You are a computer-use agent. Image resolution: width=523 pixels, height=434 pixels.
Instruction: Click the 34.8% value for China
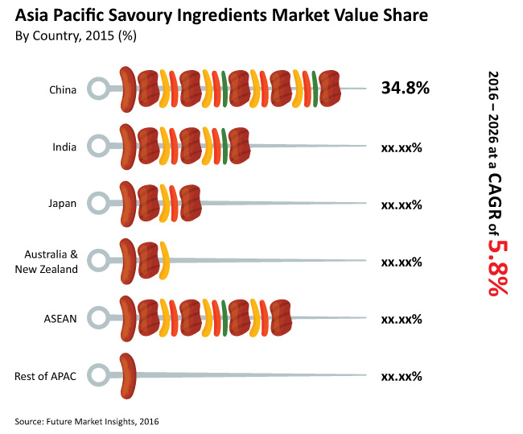(405, 88)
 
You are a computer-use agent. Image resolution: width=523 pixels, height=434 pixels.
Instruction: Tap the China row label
(62, 89)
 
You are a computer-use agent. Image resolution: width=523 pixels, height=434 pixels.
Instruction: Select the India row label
(64, 147)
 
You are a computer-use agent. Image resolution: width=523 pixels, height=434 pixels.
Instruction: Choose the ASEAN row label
(60, 318)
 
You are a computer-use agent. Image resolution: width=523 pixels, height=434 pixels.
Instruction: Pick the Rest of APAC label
(46, 376)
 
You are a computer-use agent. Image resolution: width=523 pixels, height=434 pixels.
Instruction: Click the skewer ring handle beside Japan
(97, 204)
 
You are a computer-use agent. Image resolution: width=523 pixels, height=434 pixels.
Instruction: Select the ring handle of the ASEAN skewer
(97, 318)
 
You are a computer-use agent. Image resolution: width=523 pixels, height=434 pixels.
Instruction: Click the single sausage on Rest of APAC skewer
(128, 376)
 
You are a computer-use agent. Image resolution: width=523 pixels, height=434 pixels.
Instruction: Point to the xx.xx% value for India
(402, 147)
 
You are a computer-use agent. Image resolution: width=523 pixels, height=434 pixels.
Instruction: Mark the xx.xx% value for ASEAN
(402, 319)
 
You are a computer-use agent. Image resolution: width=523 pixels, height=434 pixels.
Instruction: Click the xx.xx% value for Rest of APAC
(402, 376)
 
